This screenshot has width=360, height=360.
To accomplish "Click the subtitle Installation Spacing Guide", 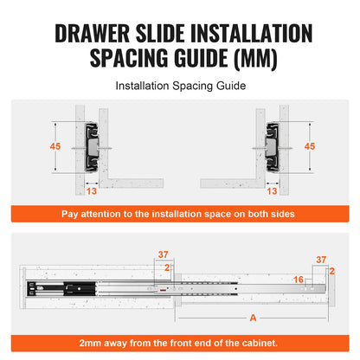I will tap(179, 87).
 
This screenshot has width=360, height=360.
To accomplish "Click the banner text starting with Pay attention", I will tap(179, 213).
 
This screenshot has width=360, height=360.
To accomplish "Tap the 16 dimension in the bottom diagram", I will tap(298, 279).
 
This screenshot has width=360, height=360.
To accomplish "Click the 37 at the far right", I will tap(322, 259).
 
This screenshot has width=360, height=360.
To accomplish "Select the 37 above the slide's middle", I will tap(164, 254).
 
